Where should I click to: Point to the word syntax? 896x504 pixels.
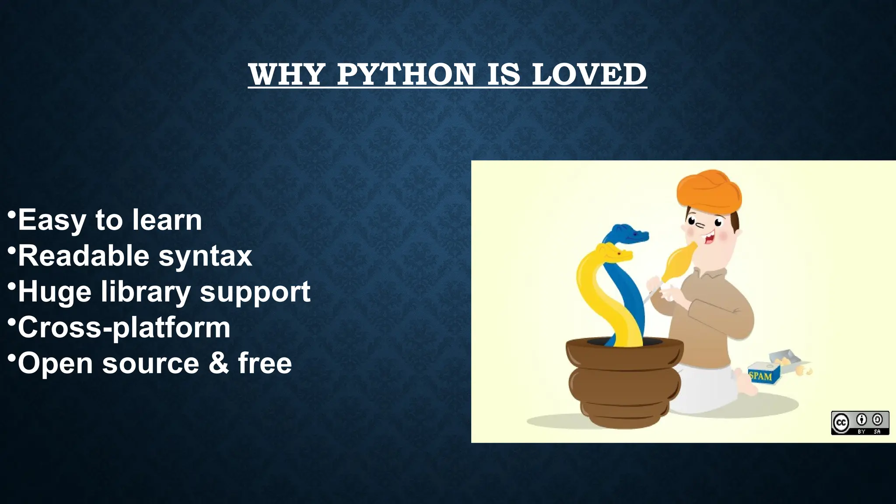pyautogui.click(x=205, y=256)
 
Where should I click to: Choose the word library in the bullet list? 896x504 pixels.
pyautogui.click(x=146, y=292)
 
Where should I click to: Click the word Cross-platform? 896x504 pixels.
pyautogui.click(x=124, y=328)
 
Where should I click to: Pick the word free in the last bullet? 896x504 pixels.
pyautogui.click(x=265, y=363)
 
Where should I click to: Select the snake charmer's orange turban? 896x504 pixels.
pyautogui.click(x=709, y=191)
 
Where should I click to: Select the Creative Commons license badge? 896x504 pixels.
pyautogui.click(x=860, y=423)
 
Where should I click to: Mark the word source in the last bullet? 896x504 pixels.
pyautogui.click(x=150, y=363)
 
